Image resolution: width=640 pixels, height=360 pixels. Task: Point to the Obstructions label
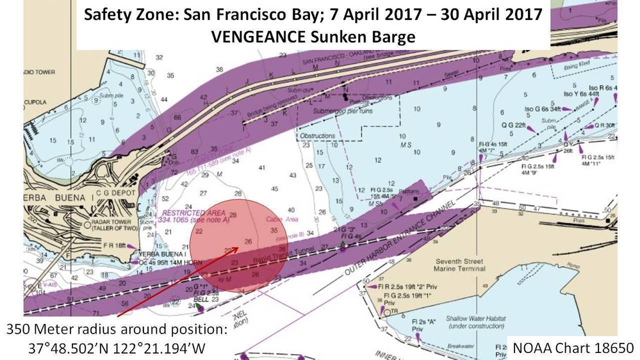coord(318,136)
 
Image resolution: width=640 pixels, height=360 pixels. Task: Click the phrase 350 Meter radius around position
coord(116,331)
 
